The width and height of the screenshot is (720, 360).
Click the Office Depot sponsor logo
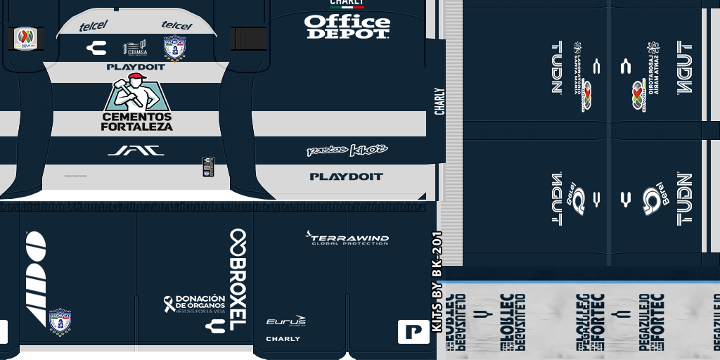[x=347, y=27]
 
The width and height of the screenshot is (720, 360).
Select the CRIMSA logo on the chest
[x=135, y=48]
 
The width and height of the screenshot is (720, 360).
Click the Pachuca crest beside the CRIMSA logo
[x=174, y=48]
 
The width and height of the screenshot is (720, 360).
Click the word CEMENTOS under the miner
[x=136, y=116]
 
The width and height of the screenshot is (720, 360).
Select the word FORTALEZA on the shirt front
[x=136, y=127]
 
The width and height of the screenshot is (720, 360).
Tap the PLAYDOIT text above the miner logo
[x=136, y=67]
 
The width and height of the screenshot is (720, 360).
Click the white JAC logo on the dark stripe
[x=136, y=150]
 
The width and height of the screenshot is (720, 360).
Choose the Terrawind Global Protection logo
[x=347, y=238]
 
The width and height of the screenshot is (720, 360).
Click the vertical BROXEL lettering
[x=238, y=276]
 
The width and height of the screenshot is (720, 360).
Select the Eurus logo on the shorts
[x=285, y=321]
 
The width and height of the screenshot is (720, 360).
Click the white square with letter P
[x=413, y=331]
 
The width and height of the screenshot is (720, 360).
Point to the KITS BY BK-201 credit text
[x=437, y=281]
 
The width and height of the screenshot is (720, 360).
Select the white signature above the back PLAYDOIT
[x=347, y=150]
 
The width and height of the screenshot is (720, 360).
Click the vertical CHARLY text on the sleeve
[x=439, y=101]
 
